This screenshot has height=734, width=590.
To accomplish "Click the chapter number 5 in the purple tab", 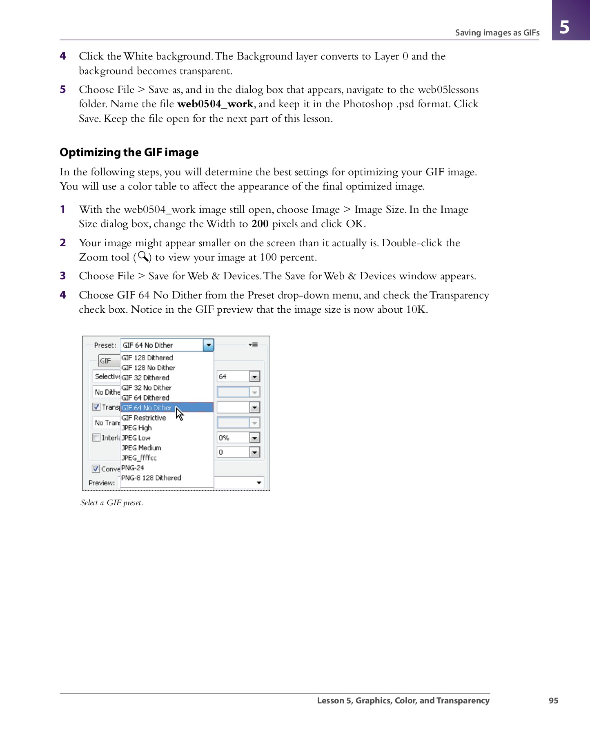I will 564,27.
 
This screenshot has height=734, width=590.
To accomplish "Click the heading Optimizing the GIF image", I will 129,153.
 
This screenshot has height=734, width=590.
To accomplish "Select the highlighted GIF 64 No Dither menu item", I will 147,408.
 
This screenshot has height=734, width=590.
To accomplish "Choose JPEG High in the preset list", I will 136,428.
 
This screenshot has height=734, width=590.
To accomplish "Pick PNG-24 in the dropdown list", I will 133,468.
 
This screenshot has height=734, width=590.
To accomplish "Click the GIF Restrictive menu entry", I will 144,418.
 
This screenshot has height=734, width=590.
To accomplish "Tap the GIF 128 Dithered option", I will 147,358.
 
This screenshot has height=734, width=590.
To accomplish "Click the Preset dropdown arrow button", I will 208,345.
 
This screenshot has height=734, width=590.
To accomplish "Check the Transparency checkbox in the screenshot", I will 96,407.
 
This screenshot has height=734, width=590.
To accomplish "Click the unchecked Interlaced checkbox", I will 96,438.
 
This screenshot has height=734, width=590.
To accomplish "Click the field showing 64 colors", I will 233,376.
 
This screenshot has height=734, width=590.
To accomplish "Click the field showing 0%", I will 233,438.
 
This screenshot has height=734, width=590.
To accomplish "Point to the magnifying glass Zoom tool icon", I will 143,257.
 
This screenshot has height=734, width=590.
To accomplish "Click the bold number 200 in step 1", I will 260,224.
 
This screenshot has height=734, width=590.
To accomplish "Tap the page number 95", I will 553,701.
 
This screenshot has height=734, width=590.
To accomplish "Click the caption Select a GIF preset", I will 112,503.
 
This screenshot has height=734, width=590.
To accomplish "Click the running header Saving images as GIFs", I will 497,33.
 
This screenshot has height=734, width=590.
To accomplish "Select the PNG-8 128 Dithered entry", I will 151,478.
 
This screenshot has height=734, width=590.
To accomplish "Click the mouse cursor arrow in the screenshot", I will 179,413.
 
